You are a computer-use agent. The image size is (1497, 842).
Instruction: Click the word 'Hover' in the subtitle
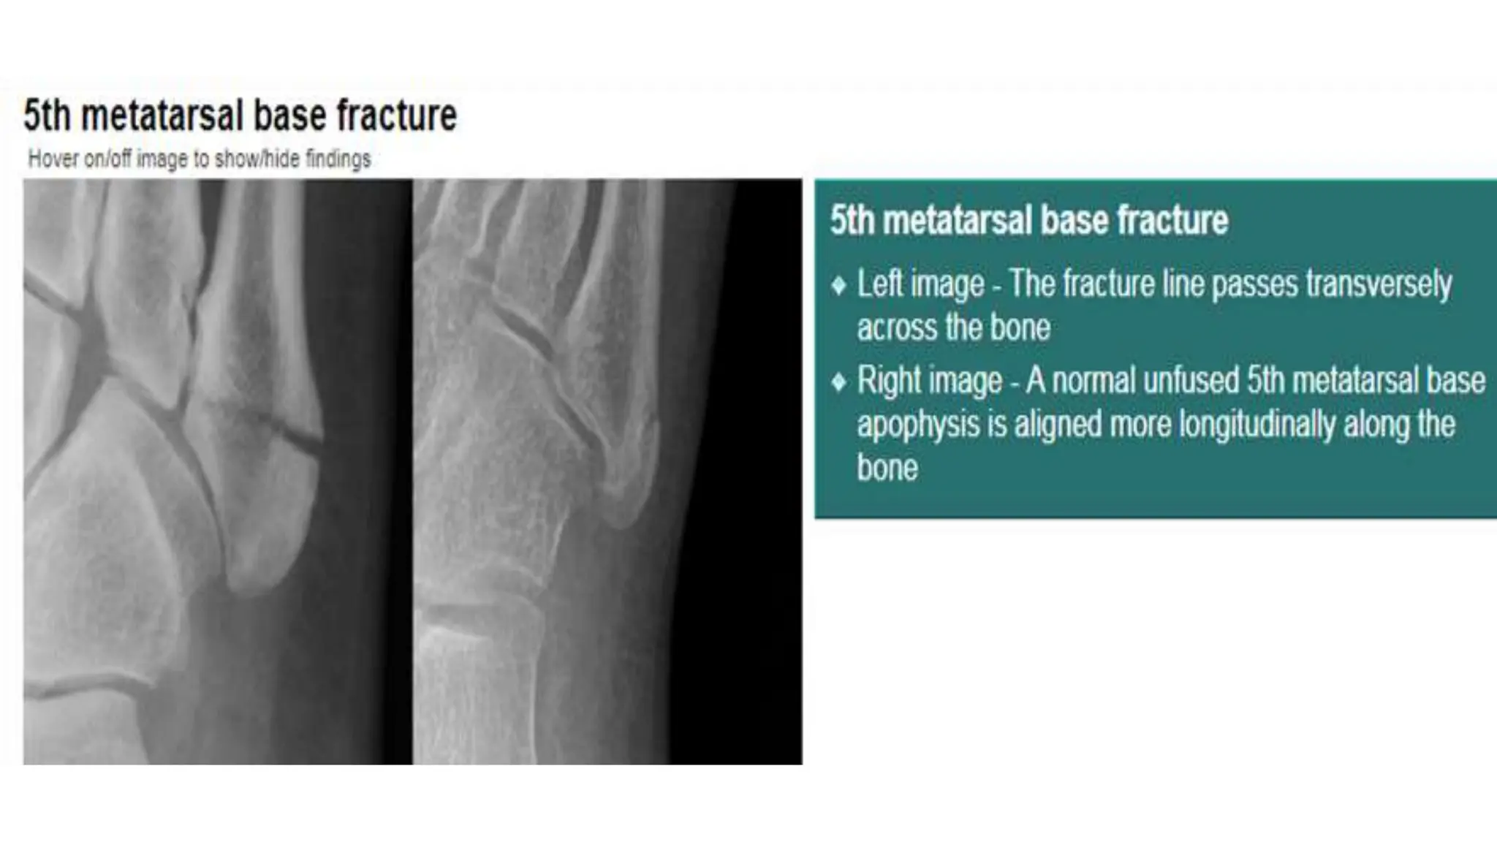tap(53, 159)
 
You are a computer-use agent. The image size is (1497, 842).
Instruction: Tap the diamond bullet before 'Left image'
tap(839, 284)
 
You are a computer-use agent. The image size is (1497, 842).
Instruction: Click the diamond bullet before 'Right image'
tap(839, 381)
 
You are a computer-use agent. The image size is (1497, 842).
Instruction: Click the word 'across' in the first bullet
tap(896, 327)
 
